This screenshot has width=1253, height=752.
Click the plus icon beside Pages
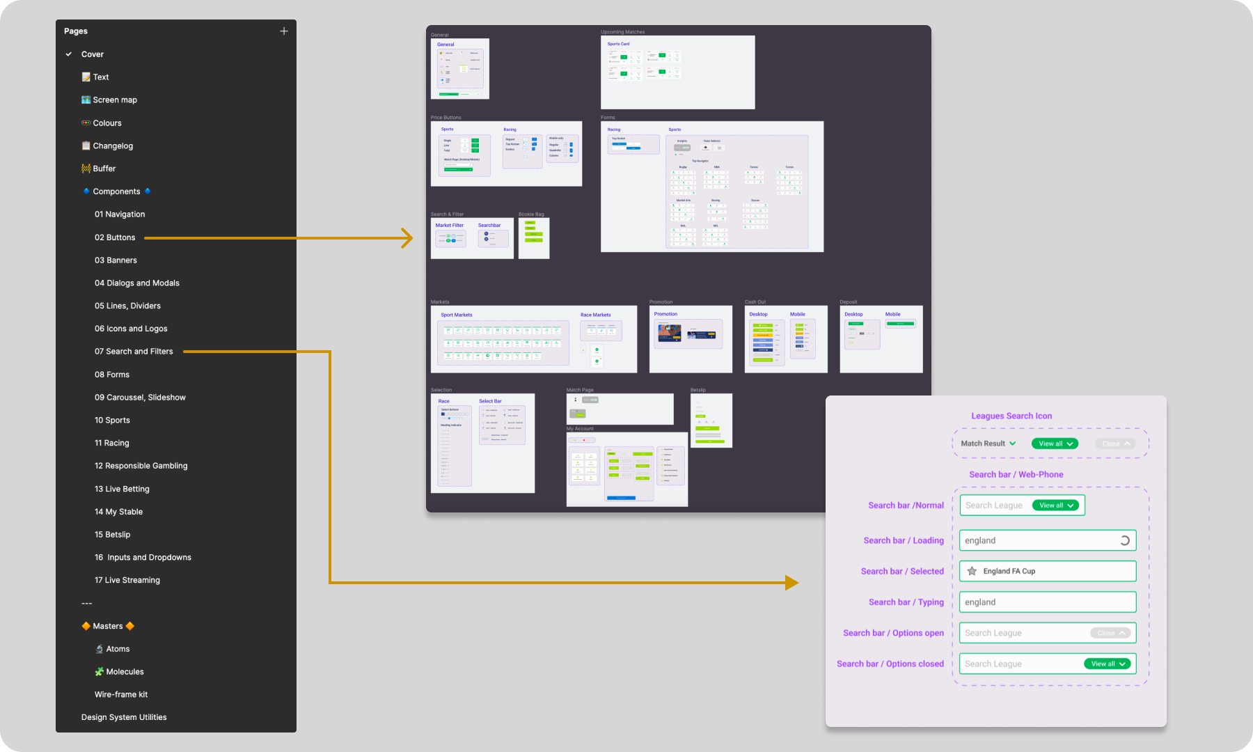[284, 31]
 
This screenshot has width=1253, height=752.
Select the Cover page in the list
[92, 54]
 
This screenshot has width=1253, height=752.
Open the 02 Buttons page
[115, 237]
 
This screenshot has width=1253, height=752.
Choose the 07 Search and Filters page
[134, 352]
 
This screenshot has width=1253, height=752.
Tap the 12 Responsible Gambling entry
[141, 466]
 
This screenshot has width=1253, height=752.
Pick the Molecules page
[125, 672]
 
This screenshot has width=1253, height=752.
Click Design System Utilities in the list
[124, 717]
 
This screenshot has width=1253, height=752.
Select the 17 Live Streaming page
[127, 580]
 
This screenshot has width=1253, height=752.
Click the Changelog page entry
[113, 146]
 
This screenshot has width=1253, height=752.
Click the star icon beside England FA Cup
[972, 571]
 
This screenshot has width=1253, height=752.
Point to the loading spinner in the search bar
[1124, 540]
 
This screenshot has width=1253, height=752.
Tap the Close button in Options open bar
[1110, 633]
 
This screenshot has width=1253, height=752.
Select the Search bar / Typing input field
[1047, 602]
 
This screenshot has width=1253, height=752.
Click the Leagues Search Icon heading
[1011, 416]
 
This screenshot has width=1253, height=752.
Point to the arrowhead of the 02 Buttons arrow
[408, 238]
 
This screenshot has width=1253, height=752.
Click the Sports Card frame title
[618, 44]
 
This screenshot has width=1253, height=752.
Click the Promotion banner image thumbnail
[669, 333]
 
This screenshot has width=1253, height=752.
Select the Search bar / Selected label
[902, 572]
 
